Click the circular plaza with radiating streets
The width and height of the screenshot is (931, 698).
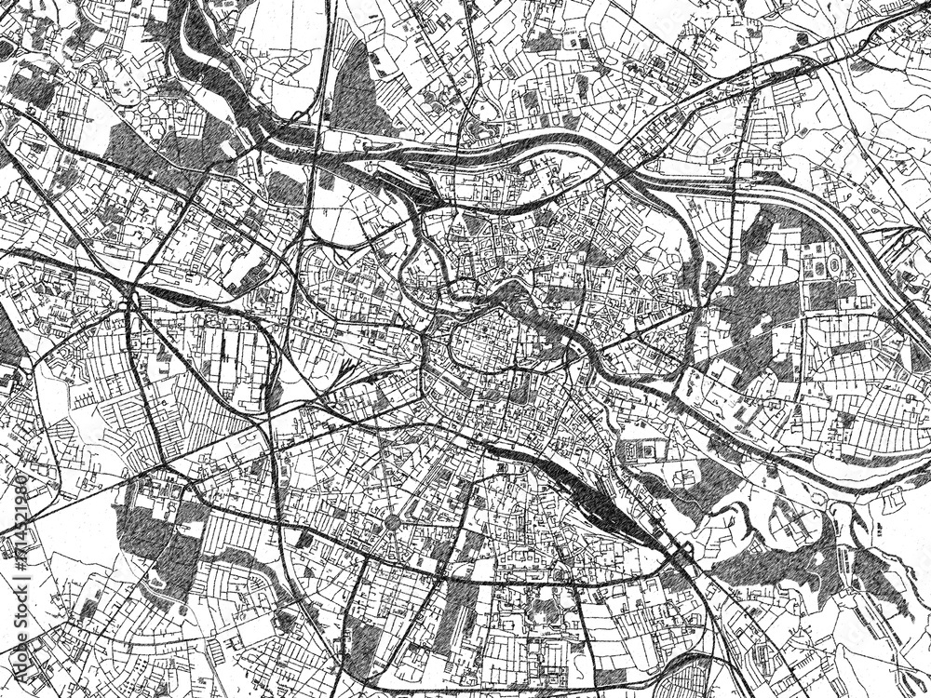pyautogui.click(x=392, y=522)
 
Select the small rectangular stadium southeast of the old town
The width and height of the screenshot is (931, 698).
pyautogui.click(x=643, y=452)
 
